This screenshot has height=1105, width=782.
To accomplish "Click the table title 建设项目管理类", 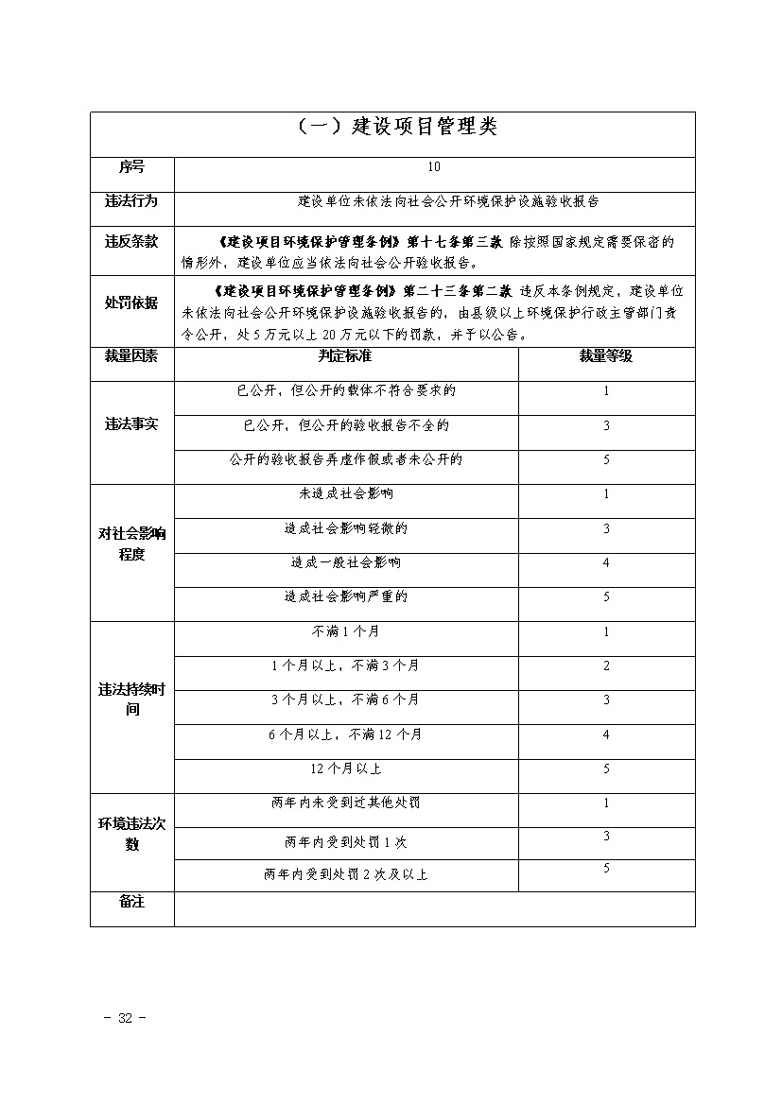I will [392, 127].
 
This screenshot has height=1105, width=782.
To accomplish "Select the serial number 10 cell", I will [434, 166].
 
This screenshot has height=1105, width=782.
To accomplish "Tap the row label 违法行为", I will [131, 201].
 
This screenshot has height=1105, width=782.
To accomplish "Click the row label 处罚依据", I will [131, 302].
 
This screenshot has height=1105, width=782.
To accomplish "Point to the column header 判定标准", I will [345, 356].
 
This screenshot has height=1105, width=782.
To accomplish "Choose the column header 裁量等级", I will [605, 356].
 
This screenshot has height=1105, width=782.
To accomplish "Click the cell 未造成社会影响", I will [345, 494].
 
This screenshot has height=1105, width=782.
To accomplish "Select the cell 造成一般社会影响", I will [345, 563].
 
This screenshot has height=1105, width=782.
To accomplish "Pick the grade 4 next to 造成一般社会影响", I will [606, 563].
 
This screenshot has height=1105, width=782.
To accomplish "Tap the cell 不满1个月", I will [345, 631].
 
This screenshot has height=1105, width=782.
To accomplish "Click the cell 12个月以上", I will [345, 769].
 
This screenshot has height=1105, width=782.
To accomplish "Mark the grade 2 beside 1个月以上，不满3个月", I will [606, 666].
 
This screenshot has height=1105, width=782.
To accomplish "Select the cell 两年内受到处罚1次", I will [345, 840].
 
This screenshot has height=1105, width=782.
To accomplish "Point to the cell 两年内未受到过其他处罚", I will [345, 803].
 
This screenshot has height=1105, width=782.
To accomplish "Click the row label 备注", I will [131, 902].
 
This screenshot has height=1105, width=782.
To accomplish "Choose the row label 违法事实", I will [131, 424].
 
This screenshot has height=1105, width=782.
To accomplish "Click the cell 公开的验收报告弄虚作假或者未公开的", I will [345, 459].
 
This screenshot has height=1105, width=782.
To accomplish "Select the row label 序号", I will [131, 166].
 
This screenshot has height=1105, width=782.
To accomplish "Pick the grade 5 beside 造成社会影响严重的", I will [606, 597].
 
